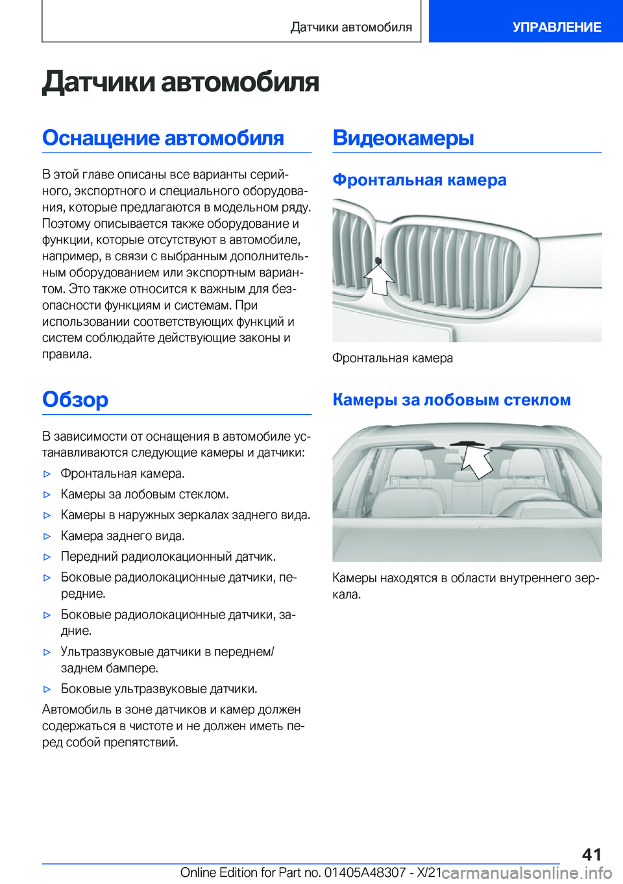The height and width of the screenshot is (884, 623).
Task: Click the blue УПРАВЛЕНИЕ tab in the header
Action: click(x=556, y=27)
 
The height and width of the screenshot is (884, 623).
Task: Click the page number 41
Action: click(x=591, y=854)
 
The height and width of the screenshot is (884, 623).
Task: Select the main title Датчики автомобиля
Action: click(x=180, y=82)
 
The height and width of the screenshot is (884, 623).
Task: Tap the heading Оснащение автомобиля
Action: click(x=163, y=138)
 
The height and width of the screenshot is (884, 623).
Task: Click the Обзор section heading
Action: click(x=75, y=399)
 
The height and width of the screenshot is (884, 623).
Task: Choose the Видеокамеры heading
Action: click(x=403, y=138)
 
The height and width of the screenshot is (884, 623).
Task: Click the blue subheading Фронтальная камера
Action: click(x=419, y=180)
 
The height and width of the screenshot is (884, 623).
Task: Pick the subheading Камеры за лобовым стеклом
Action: click(x=451, y=400)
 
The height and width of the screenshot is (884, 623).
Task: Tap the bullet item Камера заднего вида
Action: click(x=123, y=536)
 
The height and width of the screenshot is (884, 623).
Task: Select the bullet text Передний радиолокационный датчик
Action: click(x=168, y=557)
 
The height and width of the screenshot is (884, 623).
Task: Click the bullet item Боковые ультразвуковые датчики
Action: click(x=159, y=689)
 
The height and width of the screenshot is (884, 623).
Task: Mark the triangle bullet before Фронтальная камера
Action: click(x=47, y=474)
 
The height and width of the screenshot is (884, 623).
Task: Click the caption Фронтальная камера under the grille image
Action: click(x=393, y=358)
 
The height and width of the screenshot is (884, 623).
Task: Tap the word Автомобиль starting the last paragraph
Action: click(x=77, y=710)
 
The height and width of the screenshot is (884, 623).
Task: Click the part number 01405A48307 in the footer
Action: click(x=365, y=872)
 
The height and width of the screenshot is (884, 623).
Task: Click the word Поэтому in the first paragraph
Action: click(x=66, y=224)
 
